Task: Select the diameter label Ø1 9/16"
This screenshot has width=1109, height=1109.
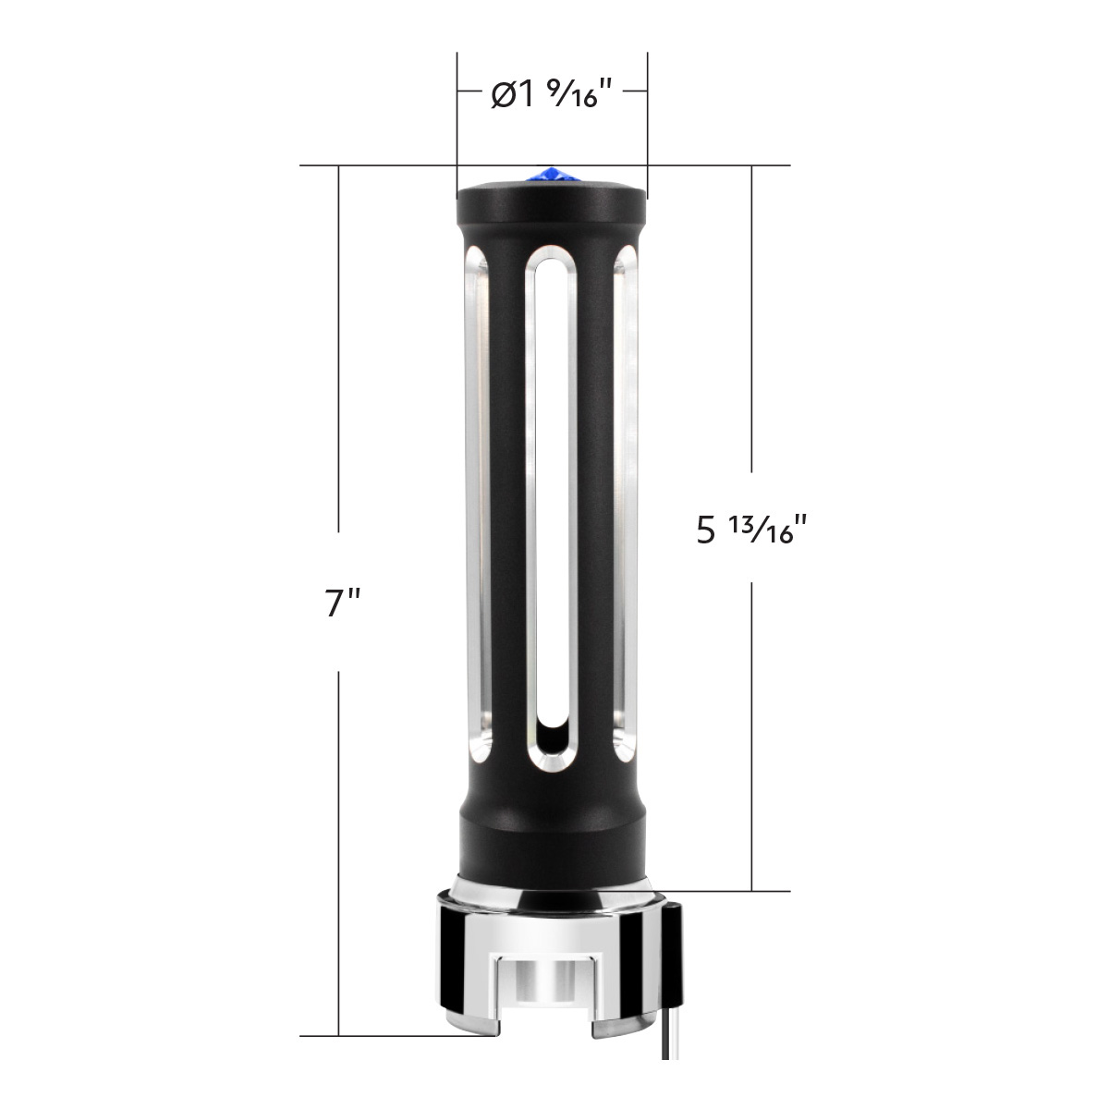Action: pos(552,94)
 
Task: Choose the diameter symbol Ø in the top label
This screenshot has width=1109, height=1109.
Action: pos(504,95)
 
